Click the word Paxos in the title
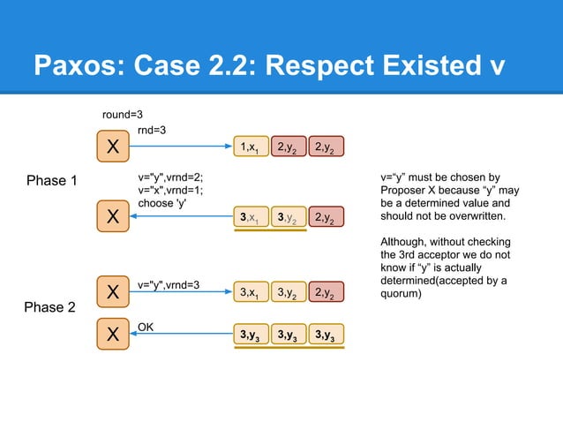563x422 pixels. (x=76, y=65)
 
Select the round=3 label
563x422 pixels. (x=123, y=115)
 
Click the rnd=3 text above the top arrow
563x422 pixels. (x=151, y=130)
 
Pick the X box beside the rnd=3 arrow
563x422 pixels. (x=113, y=147)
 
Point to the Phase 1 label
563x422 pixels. (x=52, y=181)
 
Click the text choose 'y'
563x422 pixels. (x=163, y=204)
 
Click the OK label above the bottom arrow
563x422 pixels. (x=146, y=327)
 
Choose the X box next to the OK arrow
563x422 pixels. (x=113, y=335)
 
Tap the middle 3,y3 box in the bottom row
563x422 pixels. (x=289, y=335)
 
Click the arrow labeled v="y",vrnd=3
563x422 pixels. (x=180, y=295)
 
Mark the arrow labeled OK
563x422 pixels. (x=180, y=335)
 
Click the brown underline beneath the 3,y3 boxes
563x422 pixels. (x=289, y=349)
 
